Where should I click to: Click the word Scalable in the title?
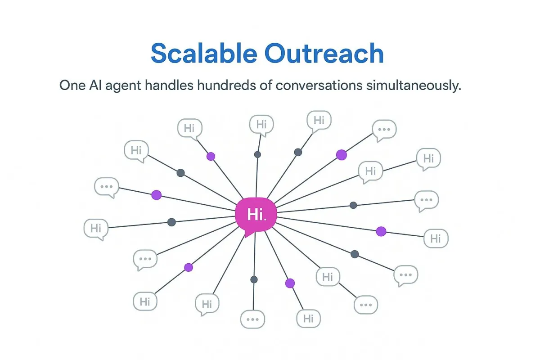tap(203, 54)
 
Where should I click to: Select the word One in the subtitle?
tap(72, 85)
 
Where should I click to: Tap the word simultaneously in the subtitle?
tap(412, 85)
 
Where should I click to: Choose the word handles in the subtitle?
tap(171, 85)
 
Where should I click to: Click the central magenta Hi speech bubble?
tap(255, 215)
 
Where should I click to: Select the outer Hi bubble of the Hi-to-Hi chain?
tap(428, 159)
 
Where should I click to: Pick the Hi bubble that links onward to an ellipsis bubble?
tap(328, 276)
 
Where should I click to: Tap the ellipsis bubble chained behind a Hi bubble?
tap(365, 305)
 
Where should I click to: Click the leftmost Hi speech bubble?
tap(96, 228)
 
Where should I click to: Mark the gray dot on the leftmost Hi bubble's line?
tap(171, 222)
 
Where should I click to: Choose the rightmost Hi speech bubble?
tap(436, 238)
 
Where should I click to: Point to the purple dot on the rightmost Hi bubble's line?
tap(381, 231)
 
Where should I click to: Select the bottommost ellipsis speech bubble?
tap(252, 319)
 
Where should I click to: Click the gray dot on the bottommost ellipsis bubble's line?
tap(254, 279)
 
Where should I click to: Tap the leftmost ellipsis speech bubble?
tap(107, 186)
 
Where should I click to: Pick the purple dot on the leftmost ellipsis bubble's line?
tap(156, 195)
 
